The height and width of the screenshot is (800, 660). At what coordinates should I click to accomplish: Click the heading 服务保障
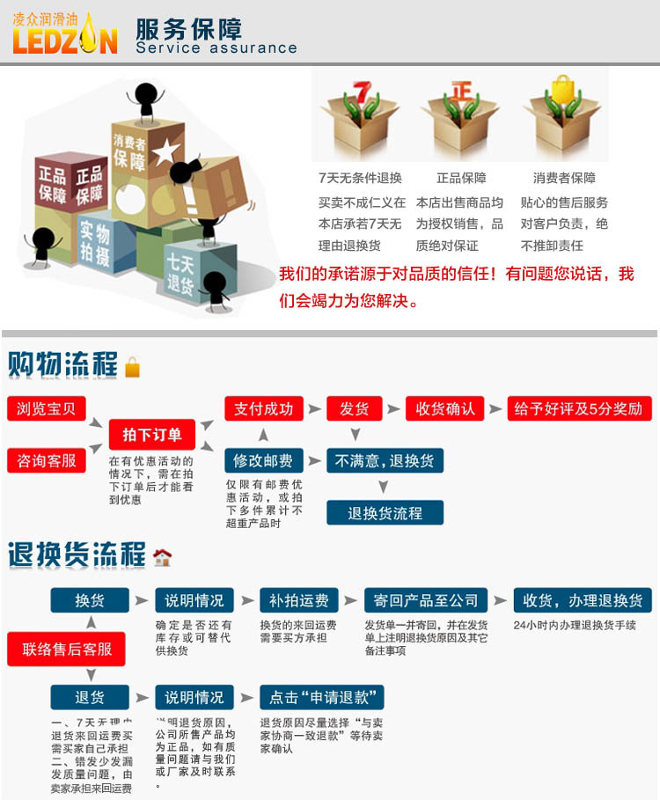[x=188, y=27]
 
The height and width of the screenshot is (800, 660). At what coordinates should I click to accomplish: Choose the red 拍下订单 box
[x=152, y=434]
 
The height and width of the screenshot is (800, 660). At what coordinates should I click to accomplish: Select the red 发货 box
[x=355, y=408]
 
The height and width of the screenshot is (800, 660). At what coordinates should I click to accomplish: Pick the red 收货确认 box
[x=445, y=408]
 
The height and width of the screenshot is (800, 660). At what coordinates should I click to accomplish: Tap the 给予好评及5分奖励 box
[x=579, y=408]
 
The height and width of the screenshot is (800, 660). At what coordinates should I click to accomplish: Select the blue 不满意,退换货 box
[x=385, y=460]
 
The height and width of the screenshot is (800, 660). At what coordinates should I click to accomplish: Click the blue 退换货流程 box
[x=385, y=512]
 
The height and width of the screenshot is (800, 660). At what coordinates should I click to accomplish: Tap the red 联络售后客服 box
[x=67, y=649]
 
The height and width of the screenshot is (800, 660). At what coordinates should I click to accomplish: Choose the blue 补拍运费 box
[x=299, y=600]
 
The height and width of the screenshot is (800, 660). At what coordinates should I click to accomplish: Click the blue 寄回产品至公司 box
[x=426, y=600]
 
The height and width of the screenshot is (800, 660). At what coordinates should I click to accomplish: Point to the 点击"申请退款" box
[x=322, y=697]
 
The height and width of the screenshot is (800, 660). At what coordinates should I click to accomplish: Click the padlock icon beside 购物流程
[x=133, y=367]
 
